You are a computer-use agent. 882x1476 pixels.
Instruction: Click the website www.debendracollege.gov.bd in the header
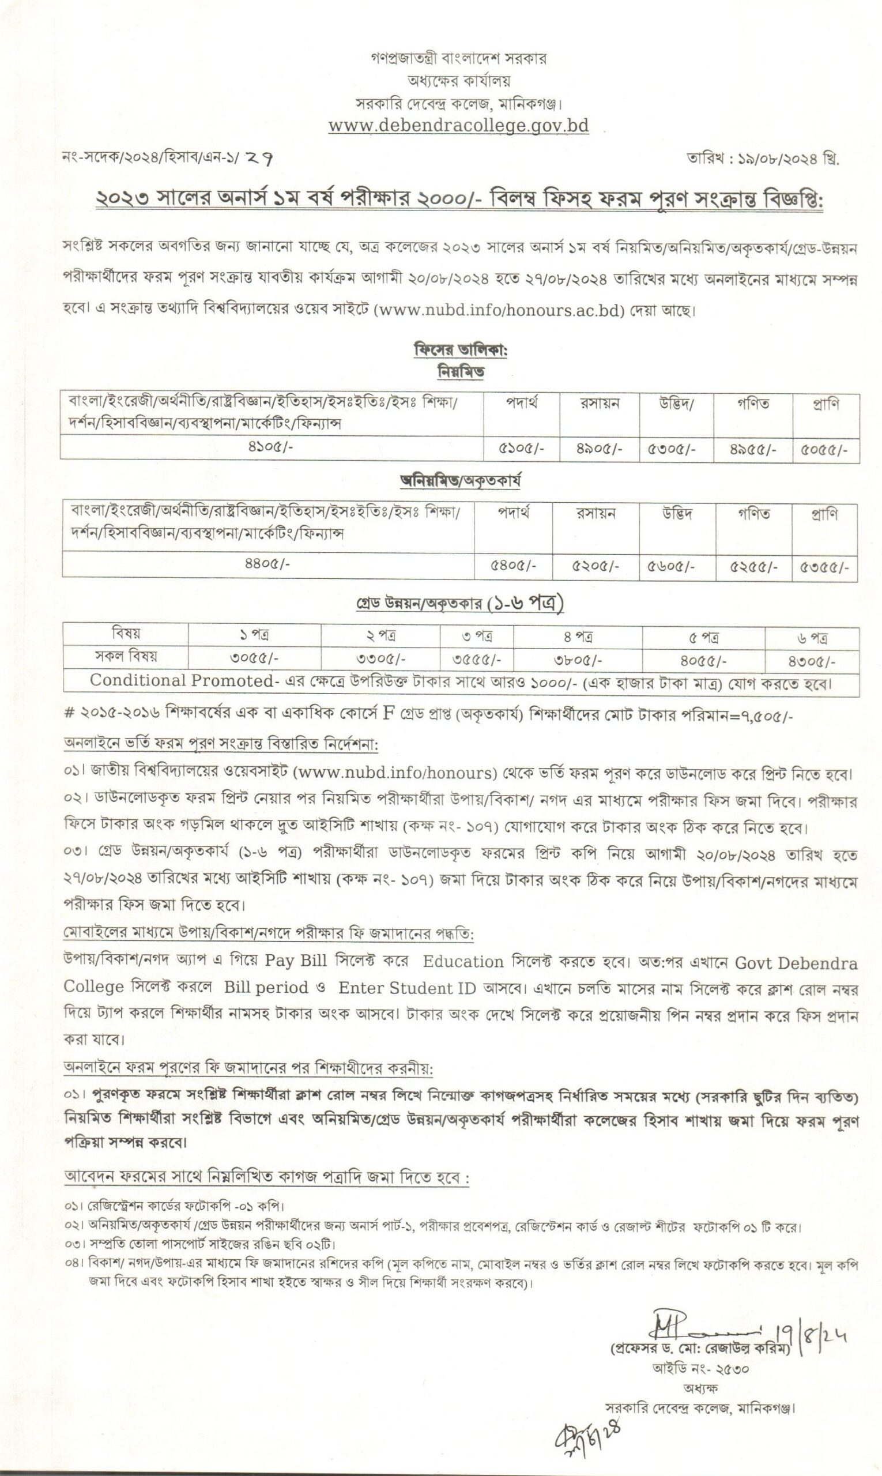(458, 126)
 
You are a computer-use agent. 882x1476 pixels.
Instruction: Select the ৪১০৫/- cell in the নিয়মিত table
(271, 447)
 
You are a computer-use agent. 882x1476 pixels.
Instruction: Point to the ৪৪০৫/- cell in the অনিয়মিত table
(267, 563)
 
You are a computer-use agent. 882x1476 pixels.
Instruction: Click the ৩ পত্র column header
(477, 637)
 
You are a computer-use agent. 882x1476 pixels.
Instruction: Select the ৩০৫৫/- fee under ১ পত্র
(254, 659)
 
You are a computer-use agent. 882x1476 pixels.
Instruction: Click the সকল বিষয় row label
(126, 657)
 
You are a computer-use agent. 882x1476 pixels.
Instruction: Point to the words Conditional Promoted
(181, 681)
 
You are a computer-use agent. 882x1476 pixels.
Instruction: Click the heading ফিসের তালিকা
(460, 351)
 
